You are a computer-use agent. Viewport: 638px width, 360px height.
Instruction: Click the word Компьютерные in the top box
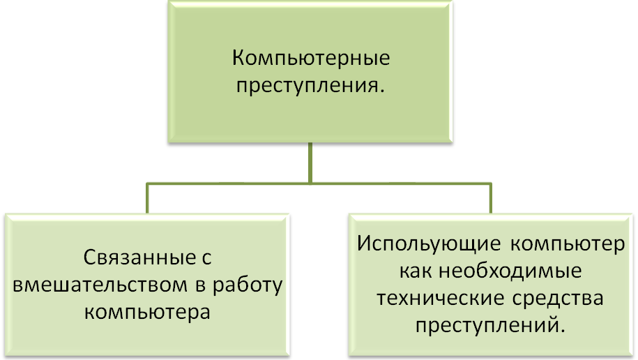(x=310, y=58)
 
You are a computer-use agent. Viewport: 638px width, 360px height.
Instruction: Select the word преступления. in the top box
(x=310, y=86)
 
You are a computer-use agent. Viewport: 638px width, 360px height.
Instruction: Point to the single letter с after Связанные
(x=204, y=259)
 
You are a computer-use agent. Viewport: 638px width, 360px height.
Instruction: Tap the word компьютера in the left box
(x=146, y=310)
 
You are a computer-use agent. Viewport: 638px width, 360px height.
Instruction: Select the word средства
(x=563, y=299)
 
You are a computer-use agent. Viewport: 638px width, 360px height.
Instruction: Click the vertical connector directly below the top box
(x=310, y=162)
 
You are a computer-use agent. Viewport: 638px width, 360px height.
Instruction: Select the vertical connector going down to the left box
(x=146, y=198)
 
